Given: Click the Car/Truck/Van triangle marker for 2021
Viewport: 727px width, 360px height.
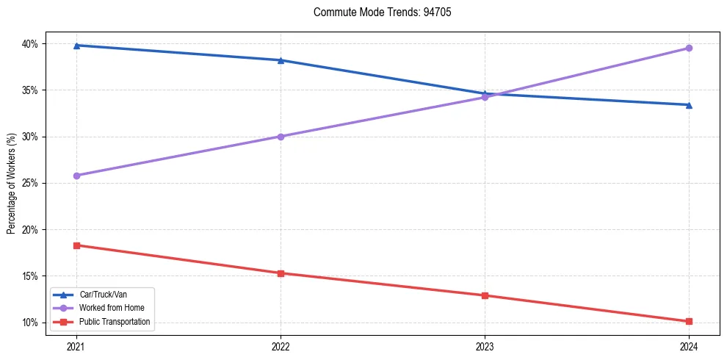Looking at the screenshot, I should click(76, 46).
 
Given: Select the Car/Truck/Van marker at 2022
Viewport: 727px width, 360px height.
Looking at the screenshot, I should click(281, 60).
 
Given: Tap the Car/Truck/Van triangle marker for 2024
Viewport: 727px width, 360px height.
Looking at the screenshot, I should click(689, 105).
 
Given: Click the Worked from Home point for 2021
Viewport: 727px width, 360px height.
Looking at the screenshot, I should click(76, 176).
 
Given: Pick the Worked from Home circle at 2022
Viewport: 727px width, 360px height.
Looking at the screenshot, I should click(281, 137).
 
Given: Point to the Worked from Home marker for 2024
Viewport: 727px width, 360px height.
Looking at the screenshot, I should click(689, 48).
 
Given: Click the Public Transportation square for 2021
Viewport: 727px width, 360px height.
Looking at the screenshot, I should click(76, 245).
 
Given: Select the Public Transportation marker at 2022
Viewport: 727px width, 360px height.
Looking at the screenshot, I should click(281, 273).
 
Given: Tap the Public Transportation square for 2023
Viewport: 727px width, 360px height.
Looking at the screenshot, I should click(485, 295).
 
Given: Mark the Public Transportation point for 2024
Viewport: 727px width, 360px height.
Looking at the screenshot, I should click(689, 321).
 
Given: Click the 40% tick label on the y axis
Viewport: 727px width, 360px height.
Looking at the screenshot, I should click(30, 44).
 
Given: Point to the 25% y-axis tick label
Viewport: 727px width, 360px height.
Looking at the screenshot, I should click(30, 183).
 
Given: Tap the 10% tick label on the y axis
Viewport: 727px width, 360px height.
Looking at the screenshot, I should click(30, 323).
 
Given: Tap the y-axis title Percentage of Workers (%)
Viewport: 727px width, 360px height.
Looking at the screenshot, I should click(11, 184).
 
